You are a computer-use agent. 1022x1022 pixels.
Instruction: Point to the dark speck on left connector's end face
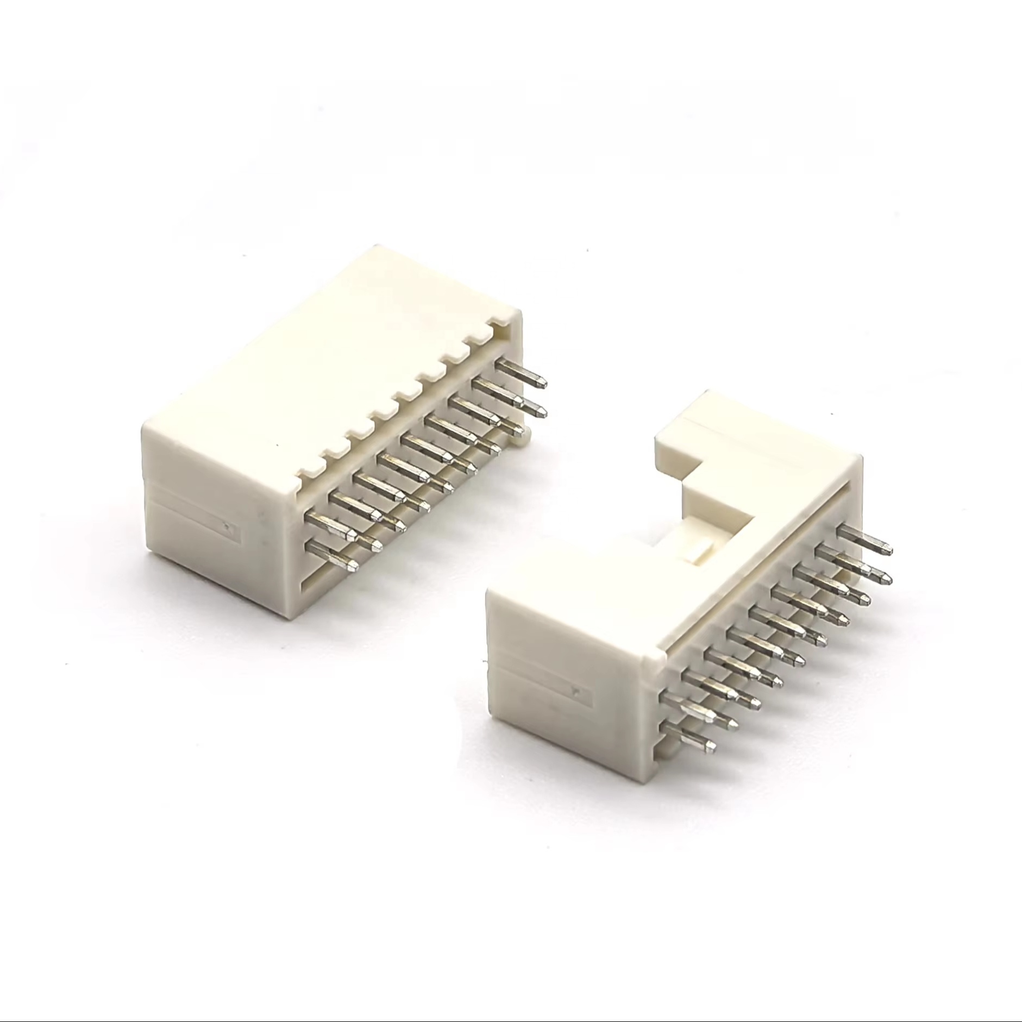pos(226,525)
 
